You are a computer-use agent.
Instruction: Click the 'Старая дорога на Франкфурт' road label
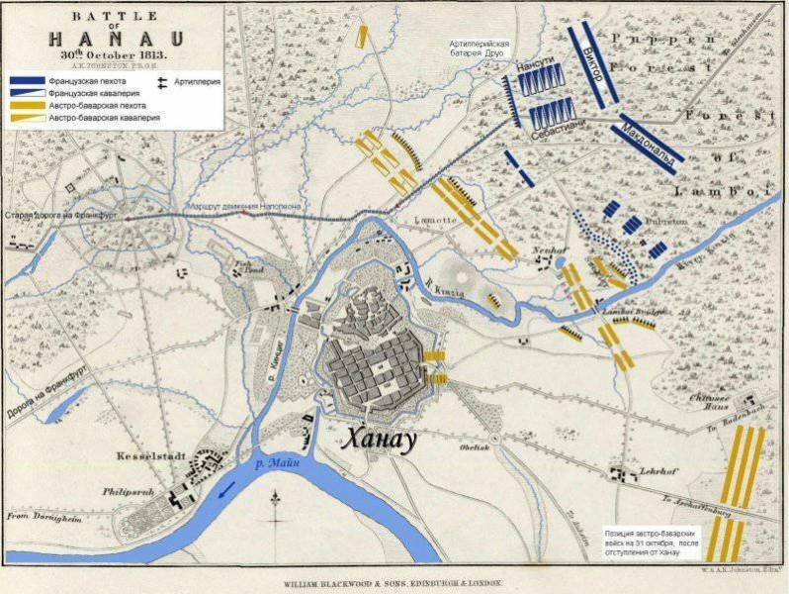tap(61, 215)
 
